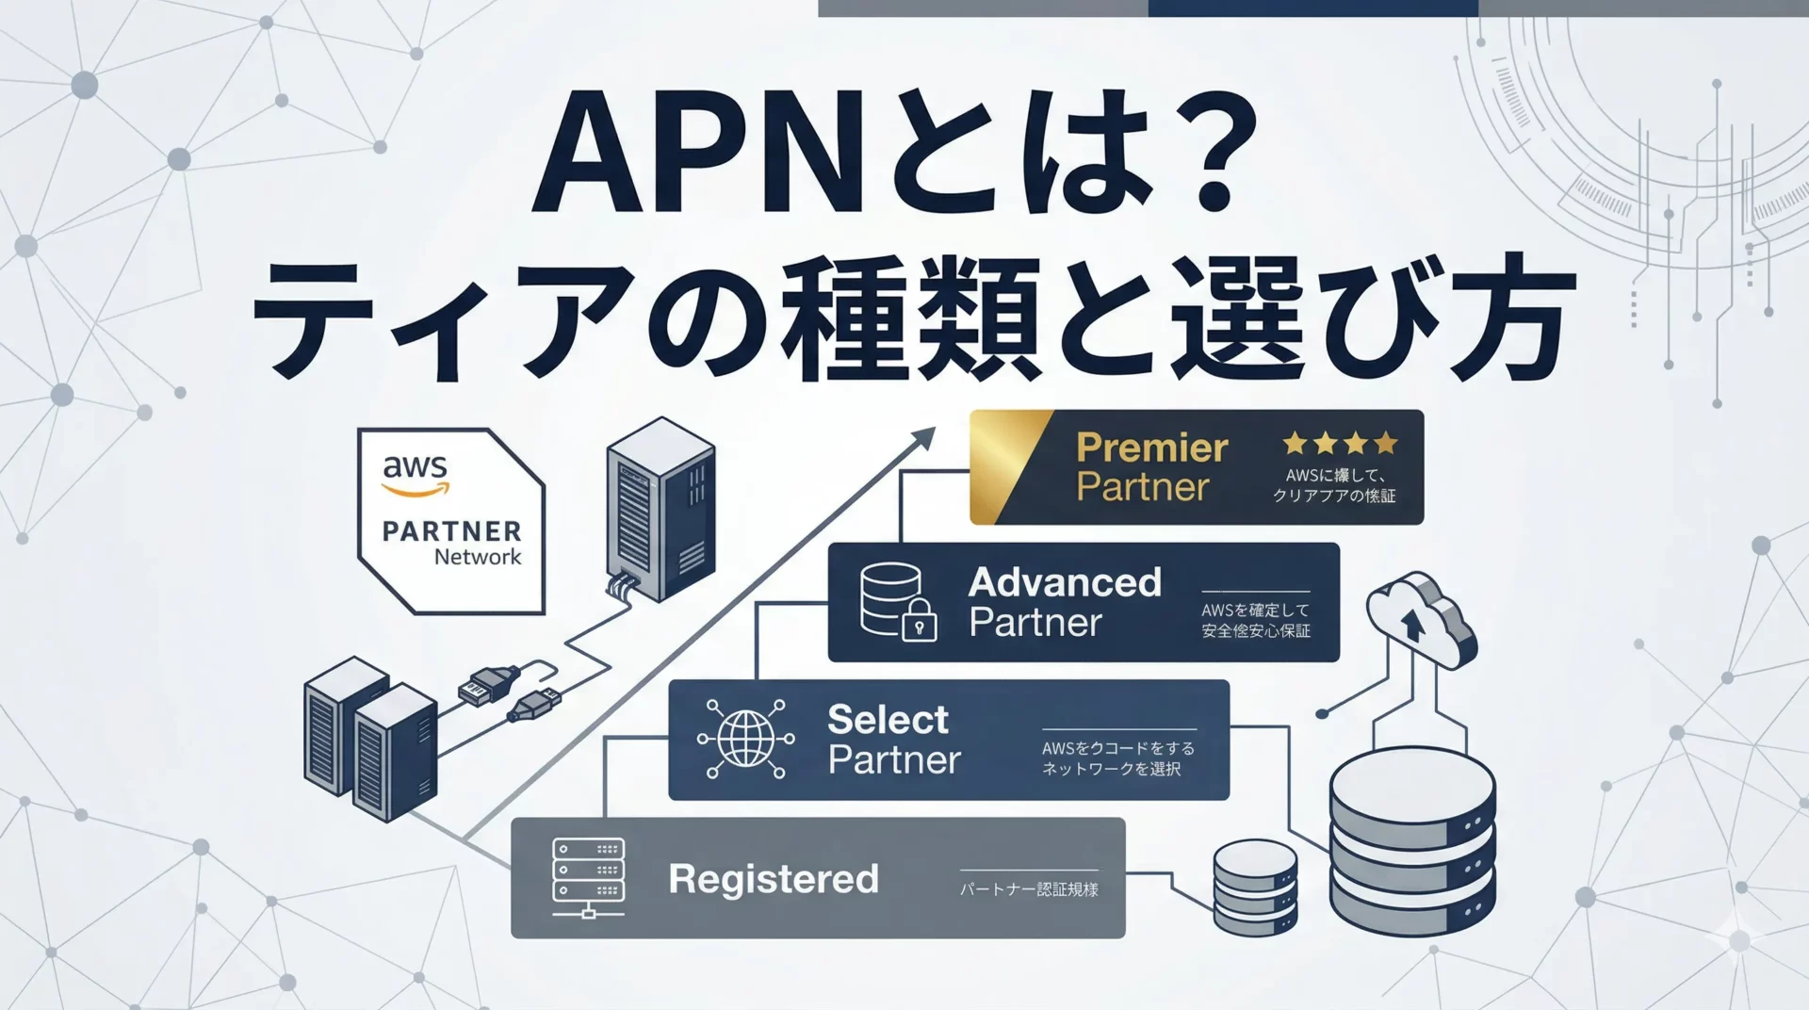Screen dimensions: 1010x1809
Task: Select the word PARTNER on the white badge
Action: pos(451,531)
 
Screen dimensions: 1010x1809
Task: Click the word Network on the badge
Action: pos(477,557)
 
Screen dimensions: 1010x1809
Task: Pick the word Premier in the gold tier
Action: pos(1151,448)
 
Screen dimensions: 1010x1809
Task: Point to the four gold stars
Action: pos(1340,443)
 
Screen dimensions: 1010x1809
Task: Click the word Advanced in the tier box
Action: pos(1065,582)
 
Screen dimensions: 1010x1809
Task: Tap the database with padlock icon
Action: pos(898,602)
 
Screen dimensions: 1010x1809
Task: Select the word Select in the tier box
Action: pos(888,720)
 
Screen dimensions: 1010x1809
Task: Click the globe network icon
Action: pos(745,739)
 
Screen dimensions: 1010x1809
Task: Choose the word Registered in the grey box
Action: pos(773,879)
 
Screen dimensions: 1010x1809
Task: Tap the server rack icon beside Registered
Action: pos(588,877)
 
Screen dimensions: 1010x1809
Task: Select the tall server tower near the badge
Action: pos(660,509)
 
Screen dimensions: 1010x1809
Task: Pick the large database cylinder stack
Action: pos(1411,845)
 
